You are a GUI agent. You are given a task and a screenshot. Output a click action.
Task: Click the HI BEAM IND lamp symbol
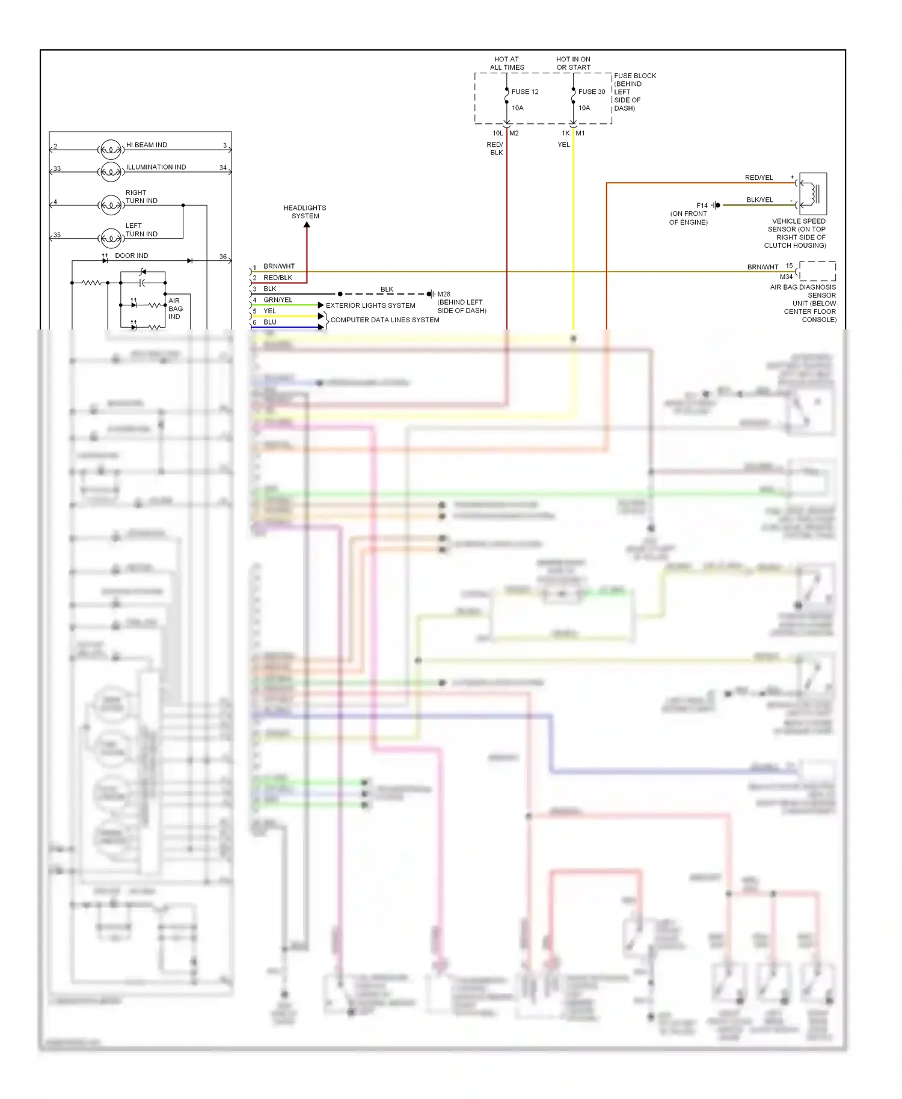coord(111,149)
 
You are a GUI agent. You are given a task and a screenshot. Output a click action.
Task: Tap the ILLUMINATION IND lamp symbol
coord(111,172)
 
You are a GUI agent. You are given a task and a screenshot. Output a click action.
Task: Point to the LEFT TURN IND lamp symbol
coord(111,239)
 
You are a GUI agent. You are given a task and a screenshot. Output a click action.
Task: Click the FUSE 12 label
coord(524,92)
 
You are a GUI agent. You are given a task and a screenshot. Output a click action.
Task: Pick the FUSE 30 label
coord(591,92)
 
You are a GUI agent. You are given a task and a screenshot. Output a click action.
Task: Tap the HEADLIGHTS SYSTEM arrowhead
coord(307,225)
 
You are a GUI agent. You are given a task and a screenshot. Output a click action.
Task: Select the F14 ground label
coord(702,206)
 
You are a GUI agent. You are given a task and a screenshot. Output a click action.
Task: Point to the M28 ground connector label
coord(444,294)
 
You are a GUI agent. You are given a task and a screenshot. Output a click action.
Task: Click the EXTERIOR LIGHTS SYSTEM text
coord(370,305)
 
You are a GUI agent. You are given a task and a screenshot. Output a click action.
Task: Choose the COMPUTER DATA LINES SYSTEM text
coord(385,320)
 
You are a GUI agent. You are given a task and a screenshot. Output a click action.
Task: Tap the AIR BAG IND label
coord(175,308)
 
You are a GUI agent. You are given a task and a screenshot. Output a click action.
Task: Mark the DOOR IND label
coord(131,256)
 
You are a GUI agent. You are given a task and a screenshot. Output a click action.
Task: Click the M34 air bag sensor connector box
coord(817,271)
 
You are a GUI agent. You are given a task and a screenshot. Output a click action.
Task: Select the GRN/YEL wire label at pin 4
coord(278,300)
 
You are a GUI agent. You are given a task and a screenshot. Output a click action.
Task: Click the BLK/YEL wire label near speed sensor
coord(759,200)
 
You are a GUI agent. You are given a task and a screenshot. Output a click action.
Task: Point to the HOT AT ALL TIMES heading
coord(506,63)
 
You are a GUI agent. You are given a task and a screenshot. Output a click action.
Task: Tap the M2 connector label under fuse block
coord(514,133)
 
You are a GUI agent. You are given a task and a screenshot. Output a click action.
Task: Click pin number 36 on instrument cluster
coord(222,257)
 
